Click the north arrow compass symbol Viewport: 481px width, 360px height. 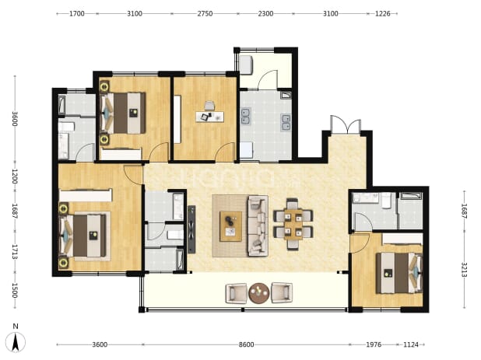(x=16, y=342)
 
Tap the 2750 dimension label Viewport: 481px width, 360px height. (x=205, y=13)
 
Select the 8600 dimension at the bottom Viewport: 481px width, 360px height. (x=246, y=344)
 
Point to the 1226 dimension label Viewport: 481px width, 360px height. (x=382, y=13)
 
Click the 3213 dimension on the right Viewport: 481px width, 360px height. (x=464, y=270)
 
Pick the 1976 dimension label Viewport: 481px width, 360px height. (x=374, y=344)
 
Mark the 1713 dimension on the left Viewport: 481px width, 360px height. (x=15, y=252)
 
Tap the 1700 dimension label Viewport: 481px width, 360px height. (x=77, y=13)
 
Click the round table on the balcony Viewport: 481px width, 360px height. (x=258, y=293)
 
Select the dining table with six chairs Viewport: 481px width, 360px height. (x=293, y=224)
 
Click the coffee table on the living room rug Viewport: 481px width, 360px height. (x=230, y=226)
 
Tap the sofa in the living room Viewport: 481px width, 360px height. (x=258, y=225)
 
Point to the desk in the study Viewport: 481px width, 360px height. (x=210, y=117)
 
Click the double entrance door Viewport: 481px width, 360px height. (x=346, y=124)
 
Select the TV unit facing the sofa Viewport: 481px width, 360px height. (x=191, y=229)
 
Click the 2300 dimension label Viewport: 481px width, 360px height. (x=265, y=13)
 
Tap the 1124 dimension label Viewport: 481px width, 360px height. (x=411, y=344)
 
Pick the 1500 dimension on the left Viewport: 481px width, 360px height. (x=15, y=291)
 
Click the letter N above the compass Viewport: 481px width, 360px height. (x=16, y=327)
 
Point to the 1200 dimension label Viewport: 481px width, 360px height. (x=15, y=177)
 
